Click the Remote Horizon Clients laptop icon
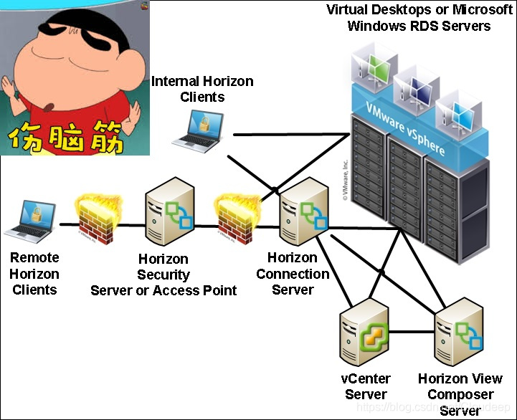click(31, 219)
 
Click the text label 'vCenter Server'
click(366, 386)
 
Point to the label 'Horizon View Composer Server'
click(460, 394)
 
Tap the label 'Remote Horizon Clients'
click(34, 274)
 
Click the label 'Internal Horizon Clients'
click(202, 90)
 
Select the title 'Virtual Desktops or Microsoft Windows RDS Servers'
click(419, 18)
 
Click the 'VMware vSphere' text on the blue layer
click(406, 130)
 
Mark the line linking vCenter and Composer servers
click(412, 333)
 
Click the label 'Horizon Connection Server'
click(293, 274)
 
